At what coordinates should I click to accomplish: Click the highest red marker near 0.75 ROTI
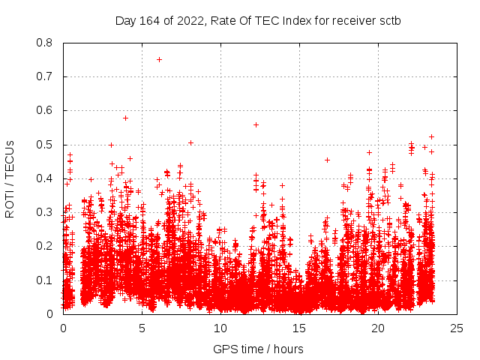(x=159, y=59)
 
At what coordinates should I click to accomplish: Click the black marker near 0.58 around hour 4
(x=125, y=118)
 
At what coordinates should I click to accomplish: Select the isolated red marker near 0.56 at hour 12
(x=256, y=124)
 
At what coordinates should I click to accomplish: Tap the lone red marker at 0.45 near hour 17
(x=327, y=160)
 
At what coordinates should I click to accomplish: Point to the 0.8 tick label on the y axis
(x=45, y=43)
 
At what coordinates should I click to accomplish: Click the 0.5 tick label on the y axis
(x=45, y=145)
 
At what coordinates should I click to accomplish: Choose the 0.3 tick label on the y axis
(x=45, y=212)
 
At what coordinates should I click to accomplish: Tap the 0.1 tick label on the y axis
(x=45, y=280)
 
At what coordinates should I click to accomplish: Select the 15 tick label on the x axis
(x=299, y=328)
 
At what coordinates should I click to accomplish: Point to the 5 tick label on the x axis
(x=142, y=328)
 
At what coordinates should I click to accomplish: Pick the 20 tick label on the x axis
(x=378, y=328)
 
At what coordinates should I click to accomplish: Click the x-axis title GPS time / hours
(x=258, y=349)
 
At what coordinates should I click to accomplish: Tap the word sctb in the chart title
(x=389, y=21)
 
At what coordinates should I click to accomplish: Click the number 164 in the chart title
(x=148, y=21)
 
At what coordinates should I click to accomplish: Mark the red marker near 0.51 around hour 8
(x=190, y=142)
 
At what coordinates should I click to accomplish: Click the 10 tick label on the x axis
(x=220, y=328)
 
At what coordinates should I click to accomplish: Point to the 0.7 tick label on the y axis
(x=45, y=76)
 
